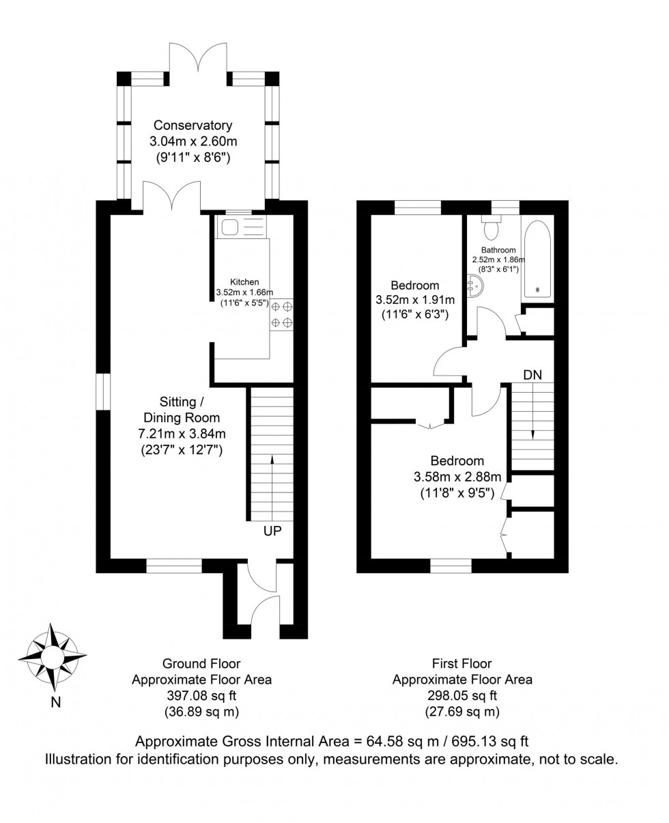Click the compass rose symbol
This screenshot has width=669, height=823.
pos(52,656)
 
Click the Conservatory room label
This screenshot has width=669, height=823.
pos(193,126)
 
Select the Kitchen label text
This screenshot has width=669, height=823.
pos(244,281)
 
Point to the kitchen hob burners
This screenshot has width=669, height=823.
pos(282,315)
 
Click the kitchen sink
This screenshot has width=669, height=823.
pos(227,227)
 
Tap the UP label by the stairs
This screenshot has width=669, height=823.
pos(272,531)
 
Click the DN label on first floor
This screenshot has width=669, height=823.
pos(533,374)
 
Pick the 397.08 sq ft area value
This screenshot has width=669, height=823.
pos(201,696)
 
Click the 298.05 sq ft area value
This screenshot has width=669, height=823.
pos(461,696)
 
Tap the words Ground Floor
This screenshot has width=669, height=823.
pos(201,663)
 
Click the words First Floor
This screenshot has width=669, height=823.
pos(461,663)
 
